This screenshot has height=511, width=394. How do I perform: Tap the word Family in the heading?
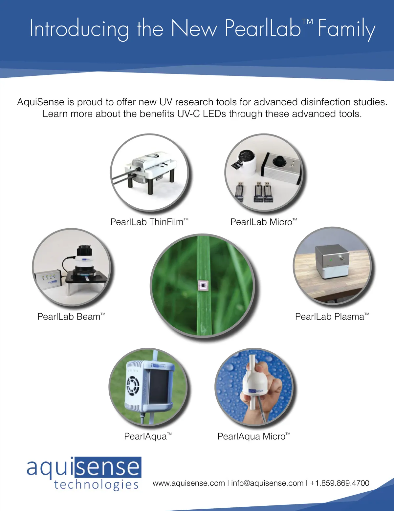[x=346, y=30]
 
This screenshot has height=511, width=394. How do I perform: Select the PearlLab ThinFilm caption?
[x=149, y=222]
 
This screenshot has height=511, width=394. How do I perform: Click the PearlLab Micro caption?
[x=264, y=222]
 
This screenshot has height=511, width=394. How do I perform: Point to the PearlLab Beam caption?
[x=71, y=317]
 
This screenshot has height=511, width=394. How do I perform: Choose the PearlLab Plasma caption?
[x=332, y=317]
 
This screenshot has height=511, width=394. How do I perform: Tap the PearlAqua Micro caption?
[x=254, y=436]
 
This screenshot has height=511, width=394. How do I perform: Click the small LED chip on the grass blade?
[x=203, y=285]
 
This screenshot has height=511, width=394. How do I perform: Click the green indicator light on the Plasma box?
[x=331, y=260]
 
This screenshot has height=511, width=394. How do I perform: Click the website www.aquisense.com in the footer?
[x=189, y=483]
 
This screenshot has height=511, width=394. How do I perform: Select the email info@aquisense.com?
[x=267, y=483]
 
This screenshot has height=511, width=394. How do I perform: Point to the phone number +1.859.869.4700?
[x=339, y=483]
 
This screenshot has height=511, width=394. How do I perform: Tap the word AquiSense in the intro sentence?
[x=41, y=102]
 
